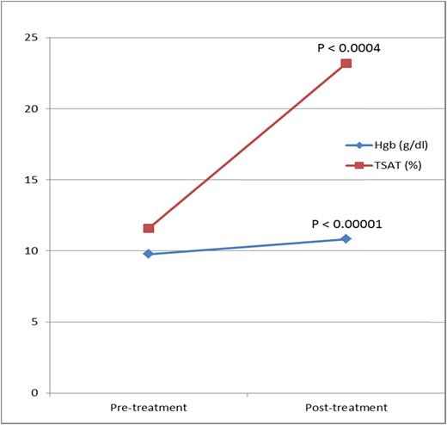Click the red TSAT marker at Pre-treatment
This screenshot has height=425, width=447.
tap(149, 228)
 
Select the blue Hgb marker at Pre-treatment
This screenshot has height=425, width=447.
tap(149, 254)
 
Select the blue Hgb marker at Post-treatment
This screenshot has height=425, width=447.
tap(346, 238)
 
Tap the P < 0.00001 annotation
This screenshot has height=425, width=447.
tap(348, 224)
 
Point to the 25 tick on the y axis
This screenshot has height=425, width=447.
tap(33, 38)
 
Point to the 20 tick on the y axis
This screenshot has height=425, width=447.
tap(33, 109)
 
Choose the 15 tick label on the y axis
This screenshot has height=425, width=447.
tap(33, 180)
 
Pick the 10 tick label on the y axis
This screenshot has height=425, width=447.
tap(33, 251)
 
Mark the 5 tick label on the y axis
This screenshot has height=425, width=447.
tap(35, 322)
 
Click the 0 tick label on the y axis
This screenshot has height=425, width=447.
tap(35, 393)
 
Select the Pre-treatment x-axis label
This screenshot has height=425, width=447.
tap(149, 407)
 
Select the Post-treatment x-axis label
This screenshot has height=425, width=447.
tap(346, 407)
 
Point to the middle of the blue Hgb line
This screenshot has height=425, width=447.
tap(247, 246)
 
